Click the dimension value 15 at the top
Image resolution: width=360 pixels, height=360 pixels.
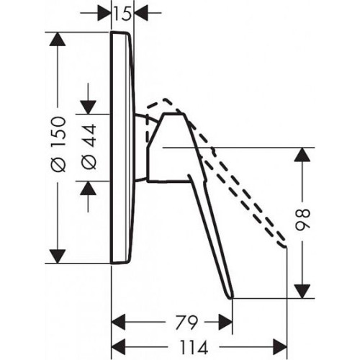[122, 13]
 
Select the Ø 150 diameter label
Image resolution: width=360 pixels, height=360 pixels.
[59, 144]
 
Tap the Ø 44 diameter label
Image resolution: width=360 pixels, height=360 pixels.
[89, 147]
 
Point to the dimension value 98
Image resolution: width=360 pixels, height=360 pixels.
[303, 220]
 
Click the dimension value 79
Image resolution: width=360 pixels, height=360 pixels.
[186, 323]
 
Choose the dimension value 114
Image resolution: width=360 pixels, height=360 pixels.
[194, 348]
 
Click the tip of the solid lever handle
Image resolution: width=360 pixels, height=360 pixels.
[231, 297]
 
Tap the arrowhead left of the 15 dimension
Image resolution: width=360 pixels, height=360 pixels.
[104, 13]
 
